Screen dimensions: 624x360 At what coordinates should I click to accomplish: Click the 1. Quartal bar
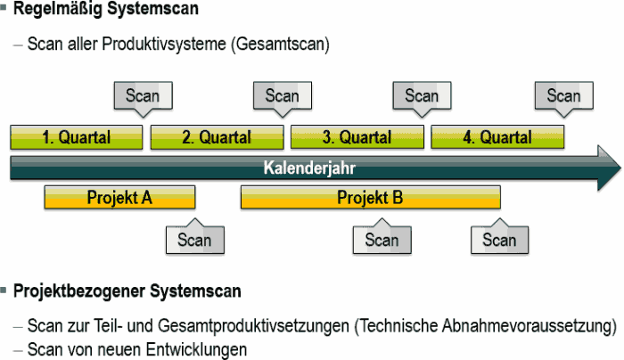coord(77,137)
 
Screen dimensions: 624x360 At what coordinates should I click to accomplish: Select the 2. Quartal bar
coord(217,137)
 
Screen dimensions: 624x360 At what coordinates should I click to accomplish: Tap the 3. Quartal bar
coord(357,137)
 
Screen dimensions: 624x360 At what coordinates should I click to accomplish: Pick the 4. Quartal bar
coord(497,137)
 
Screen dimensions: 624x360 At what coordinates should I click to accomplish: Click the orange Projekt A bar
coord(119,197)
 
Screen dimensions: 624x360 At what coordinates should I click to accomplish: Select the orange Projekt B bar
coord(371,197)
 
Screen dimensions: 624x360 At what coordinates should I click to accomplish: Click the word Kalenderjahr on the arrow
coord(309,168)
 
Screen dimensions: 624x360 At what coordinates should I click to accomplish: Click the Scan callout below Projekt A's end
coord(195,237)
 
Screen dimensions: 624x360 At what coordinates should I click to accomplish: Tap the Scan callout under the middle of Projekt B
coord(382,237)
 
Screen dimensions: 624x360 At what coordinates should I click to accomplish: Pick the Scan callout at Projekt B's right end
coord(500,237)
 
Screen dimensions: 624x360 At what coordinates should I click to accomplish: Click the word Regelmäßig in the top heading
coord(58,10)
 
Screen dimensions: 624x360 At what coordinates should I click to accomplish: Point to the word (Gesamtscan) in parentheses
coord(280,44)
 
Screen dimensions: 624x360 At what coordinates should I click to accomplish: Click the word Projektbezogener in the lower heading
coord(78,291)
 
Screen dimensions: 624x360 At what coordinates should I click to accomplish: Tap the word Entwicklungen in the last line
coord(196,350)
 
